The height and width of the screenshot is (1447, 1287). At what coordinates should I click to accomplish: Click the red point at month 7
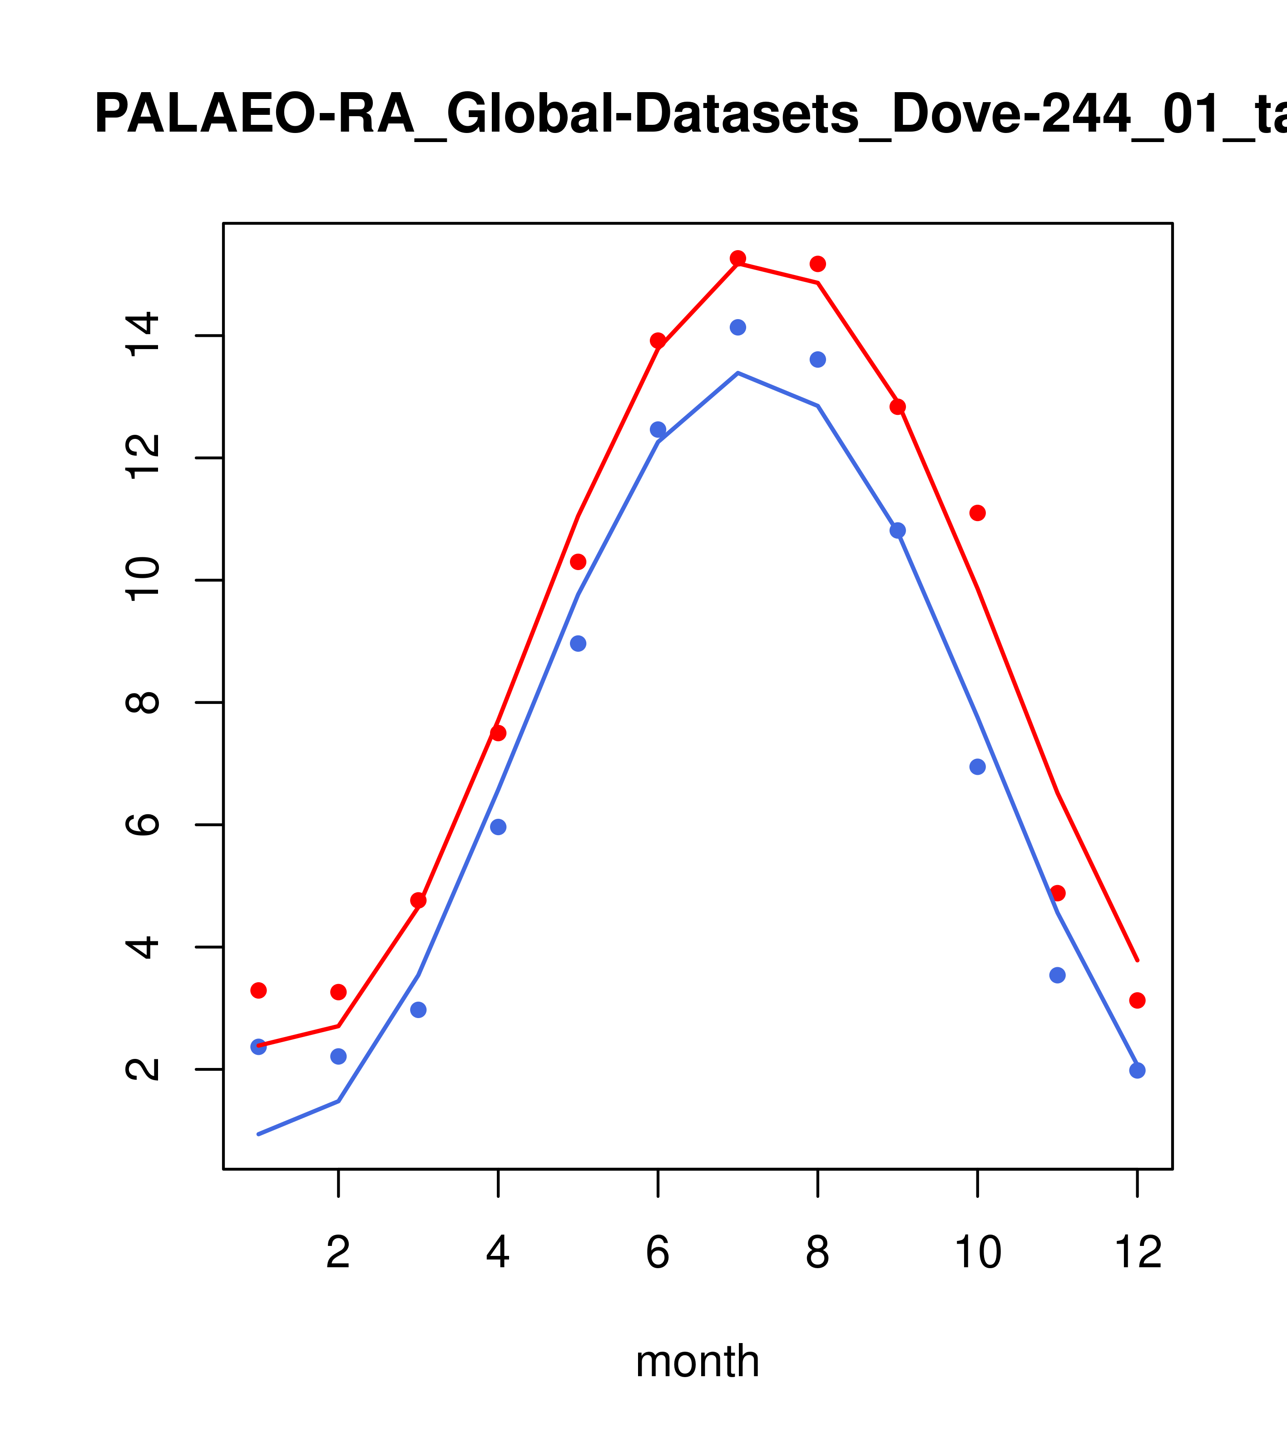coord(738,258)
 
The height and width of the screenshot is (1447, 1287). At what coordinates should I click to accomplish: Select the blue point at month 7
coord(738,327)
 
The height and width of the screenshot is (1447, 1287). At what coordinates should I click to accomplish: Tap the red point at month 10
coord(977,512)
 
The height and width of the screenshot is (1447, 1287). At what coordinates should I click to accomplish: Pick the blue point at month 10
coord(977,767)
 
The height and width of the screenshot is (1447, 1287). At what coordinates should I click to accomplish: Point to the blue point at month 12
coord(1137,1070)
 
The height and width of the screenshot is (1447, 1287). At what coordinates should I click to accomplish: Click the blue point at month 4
coord(498,827)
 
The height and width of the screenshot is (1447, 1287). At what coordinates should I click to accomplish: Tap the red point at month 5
coord(578,561)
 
